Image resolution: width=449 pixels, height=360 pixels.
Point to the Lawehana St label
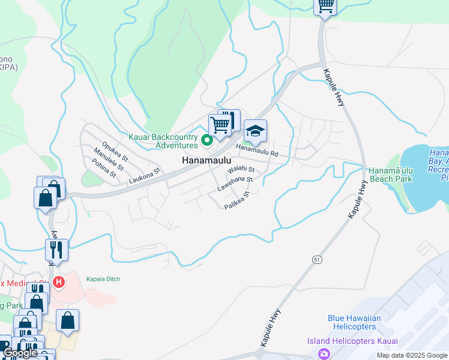235,183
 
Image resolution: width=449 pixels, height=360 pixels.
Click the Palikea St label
237,200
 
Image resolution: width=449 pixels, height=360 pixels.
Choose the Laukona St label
145,176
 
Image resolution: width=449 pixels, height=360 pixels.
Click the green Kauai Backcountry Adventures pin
207,141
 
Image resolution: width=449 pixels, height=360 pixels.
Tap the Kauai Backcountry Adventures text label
163,141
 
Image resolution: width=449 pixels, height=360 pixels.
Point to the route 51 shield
316,259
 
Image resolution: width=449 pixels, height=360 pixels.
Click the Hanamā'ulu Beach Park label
390,175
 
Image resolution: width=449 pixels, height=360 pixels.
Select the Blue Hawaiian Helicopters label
352,322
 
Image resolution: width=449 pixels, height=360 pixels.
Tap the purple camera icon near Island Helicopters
324,353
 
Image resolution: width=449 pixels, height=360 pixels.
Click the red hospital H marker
59,281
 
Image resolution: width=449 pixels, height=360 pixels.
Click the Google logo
20,353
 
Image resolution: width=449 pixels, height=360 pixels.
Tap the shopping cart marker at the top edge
325,6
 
